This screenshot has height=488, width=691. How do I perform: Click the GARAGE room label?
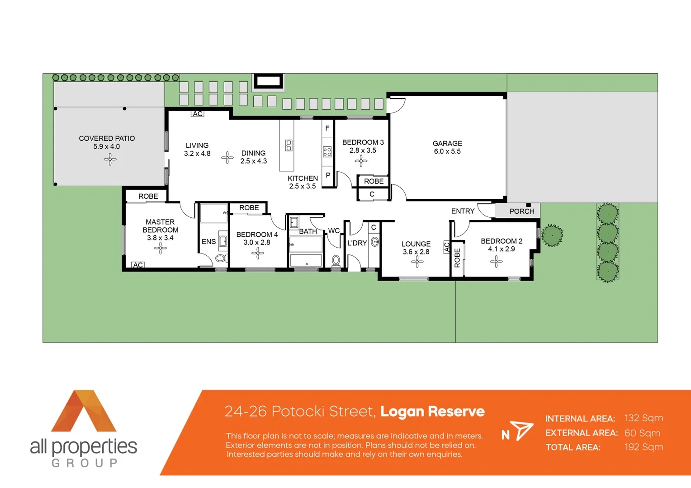tap(447, 144)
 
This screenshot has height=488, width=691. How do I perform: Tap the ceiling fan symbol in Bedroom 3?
tap(361, 160)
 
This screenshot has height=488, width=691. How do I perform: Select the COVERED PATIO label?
tap(107, 139)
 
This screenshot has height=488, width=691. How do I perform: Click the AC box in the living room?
tap(198, 114)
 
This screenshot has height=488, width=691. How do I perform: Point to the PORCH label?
tap(521, 211)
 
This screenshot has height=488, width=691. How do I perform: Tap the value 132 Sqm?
tap(644, 418)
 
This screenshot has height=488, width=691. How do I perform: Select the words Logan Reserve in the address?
tap(432, 411)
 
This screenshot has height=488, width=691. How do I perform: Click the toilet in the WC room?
tap(336, 261)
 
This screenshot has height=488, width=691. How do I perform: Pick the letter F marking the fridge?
tap(327, 128)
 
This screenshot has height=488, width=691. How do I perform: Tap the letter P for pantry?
tap(328, 175)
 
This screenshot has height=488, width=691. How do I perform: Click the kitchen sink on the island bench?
tap(289, 145)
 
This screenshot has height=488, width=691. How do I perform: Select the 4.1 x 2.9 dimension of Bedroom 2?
tap(501, 249)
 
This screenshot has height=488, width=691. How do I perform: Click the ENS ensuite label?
tap(208, 242)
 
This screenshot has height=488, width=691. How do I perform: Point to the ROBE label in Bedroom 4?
tap(249, 208)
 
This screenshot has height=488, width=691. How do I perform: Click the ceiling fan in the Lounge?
tap(417, 262)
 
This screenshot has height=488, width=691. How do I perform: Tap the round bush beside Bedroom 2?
tap(552, 235)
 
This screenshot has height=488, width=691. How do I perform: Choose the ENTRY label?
tap(463, 211)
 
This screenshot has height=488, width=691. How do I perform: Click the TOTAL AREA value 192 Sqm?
tap(644, 447)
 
